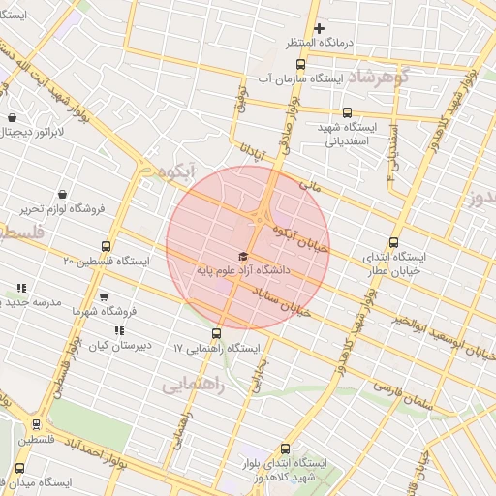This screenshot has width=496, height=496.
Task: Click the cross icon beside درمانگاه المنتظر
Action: tap(319, 28)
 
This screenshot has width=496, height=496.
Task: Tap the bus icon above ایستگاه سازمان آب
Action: tap(301, 64)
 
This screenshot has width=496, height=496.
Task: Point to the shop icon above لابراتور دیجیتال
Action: tap(11, 118)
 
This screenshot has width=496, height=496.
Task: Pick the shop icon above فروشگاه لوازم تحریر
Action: tap(63, 193)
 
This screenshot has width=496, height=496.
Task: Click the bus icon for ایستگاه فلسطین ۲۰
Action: tap(106, 246)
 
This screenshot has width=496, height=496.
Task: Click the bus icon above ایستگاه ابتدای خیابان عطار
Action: tap(392, 243)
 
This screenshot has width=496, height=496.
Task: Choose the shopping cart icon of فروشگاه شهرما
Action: tap(104, 297)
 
